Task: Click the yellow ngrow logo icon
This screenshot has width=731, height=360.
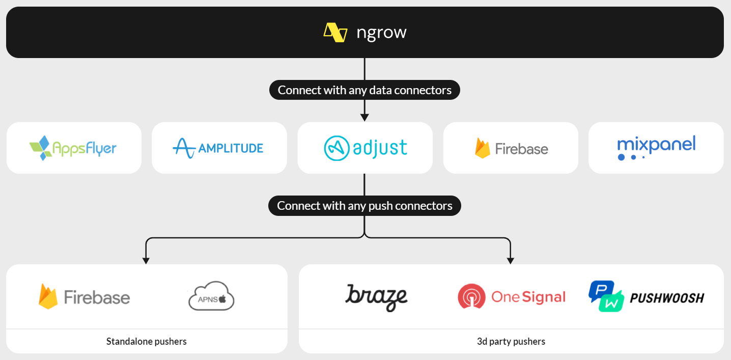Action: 335,33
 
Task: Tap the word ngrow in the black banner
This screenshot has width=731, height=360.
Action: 381,33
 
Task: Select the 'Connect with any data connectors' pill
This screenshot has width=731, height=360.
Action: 364,90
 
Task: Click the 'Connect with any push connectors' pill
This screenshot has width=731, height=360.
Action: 364,206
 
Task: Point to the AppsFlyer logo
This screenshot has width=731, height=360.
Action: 73,148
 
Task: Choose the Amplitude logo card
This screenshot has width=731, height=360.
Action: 219,148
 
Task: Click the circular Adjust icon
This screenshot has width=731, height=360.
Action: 336,148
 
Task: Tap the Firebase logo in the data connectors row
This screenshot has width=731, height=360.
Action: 511,148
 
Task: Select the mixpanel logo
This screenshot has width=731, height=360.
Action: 656,147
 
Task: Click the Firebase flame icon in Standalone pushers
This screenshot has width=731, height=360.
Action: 48,296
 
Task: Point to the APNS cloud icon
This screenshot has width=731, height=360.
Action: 211,296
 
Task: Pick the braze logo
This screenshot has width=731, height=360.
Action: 377,297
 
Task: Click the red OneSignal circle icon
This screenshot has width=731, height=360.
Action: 471,297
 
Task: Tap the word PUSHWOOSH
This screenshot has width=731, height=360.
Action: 667,297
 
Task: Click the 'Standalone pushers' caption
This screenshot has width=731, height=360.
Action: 147,341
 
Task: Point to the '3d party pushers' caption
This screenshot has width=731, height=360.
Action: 511,341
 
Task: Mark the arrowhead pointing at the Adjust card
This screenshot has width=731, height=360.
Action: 364,118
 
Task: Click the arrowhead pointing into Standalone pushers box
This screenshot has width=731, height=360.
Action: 146,260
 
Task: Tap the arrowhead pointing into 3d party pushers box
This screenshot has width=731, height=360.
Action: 511,260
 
